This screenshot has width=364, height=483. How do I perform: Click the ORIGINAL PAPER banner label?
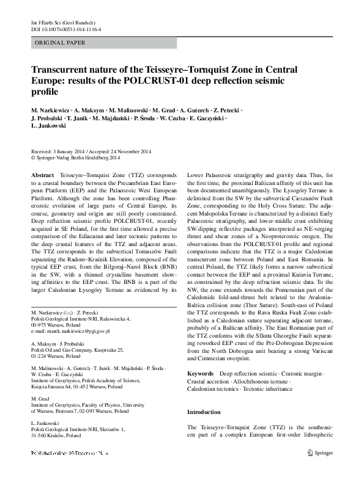[x=60, y=42]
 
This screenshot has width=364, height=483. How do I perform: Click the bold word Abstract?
[x=42, y=175]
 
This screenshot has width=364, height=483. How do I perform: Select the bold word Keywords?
[x=200, y=355]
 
